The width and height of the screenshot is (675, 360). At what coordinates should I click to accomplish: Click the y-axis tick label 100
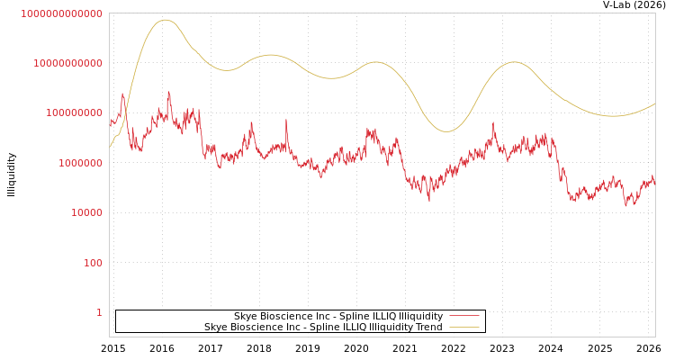93,263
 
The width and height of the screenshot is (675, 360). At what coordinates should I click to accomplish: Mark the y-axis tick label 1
99,312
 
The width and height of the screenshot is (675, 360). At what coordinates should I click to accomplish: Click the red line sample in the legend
463,316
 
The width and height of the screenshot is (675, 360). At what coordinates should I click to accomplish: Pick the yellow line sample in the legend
463,327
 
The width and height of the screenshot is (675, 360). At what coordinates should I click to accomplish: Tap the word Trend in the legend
427,327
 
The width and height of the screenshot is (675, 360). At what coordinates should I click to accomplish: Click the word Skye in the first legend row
246,316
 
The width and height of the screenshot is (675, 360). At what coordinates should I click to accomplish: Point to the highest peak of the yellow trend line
165,20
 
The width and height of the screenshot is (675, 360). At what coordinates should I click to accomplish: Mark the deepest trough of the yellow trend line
445,131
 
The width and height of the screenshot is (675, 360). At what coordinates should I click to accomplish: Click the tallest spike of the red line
168,92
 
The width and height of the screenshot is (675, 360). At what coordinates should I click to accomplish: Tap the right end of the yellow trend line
654,103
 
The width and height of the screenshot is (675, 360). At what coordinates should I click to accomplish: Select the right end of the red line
654,183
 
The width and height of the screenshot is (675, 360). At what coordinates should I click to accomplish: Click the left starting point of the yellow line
110,147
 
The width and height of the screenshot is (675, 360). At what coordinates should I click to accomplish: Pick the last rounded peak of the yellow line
514,62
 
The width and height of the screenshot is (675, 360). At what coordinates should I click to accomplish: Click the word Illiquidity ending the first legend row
420,316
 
